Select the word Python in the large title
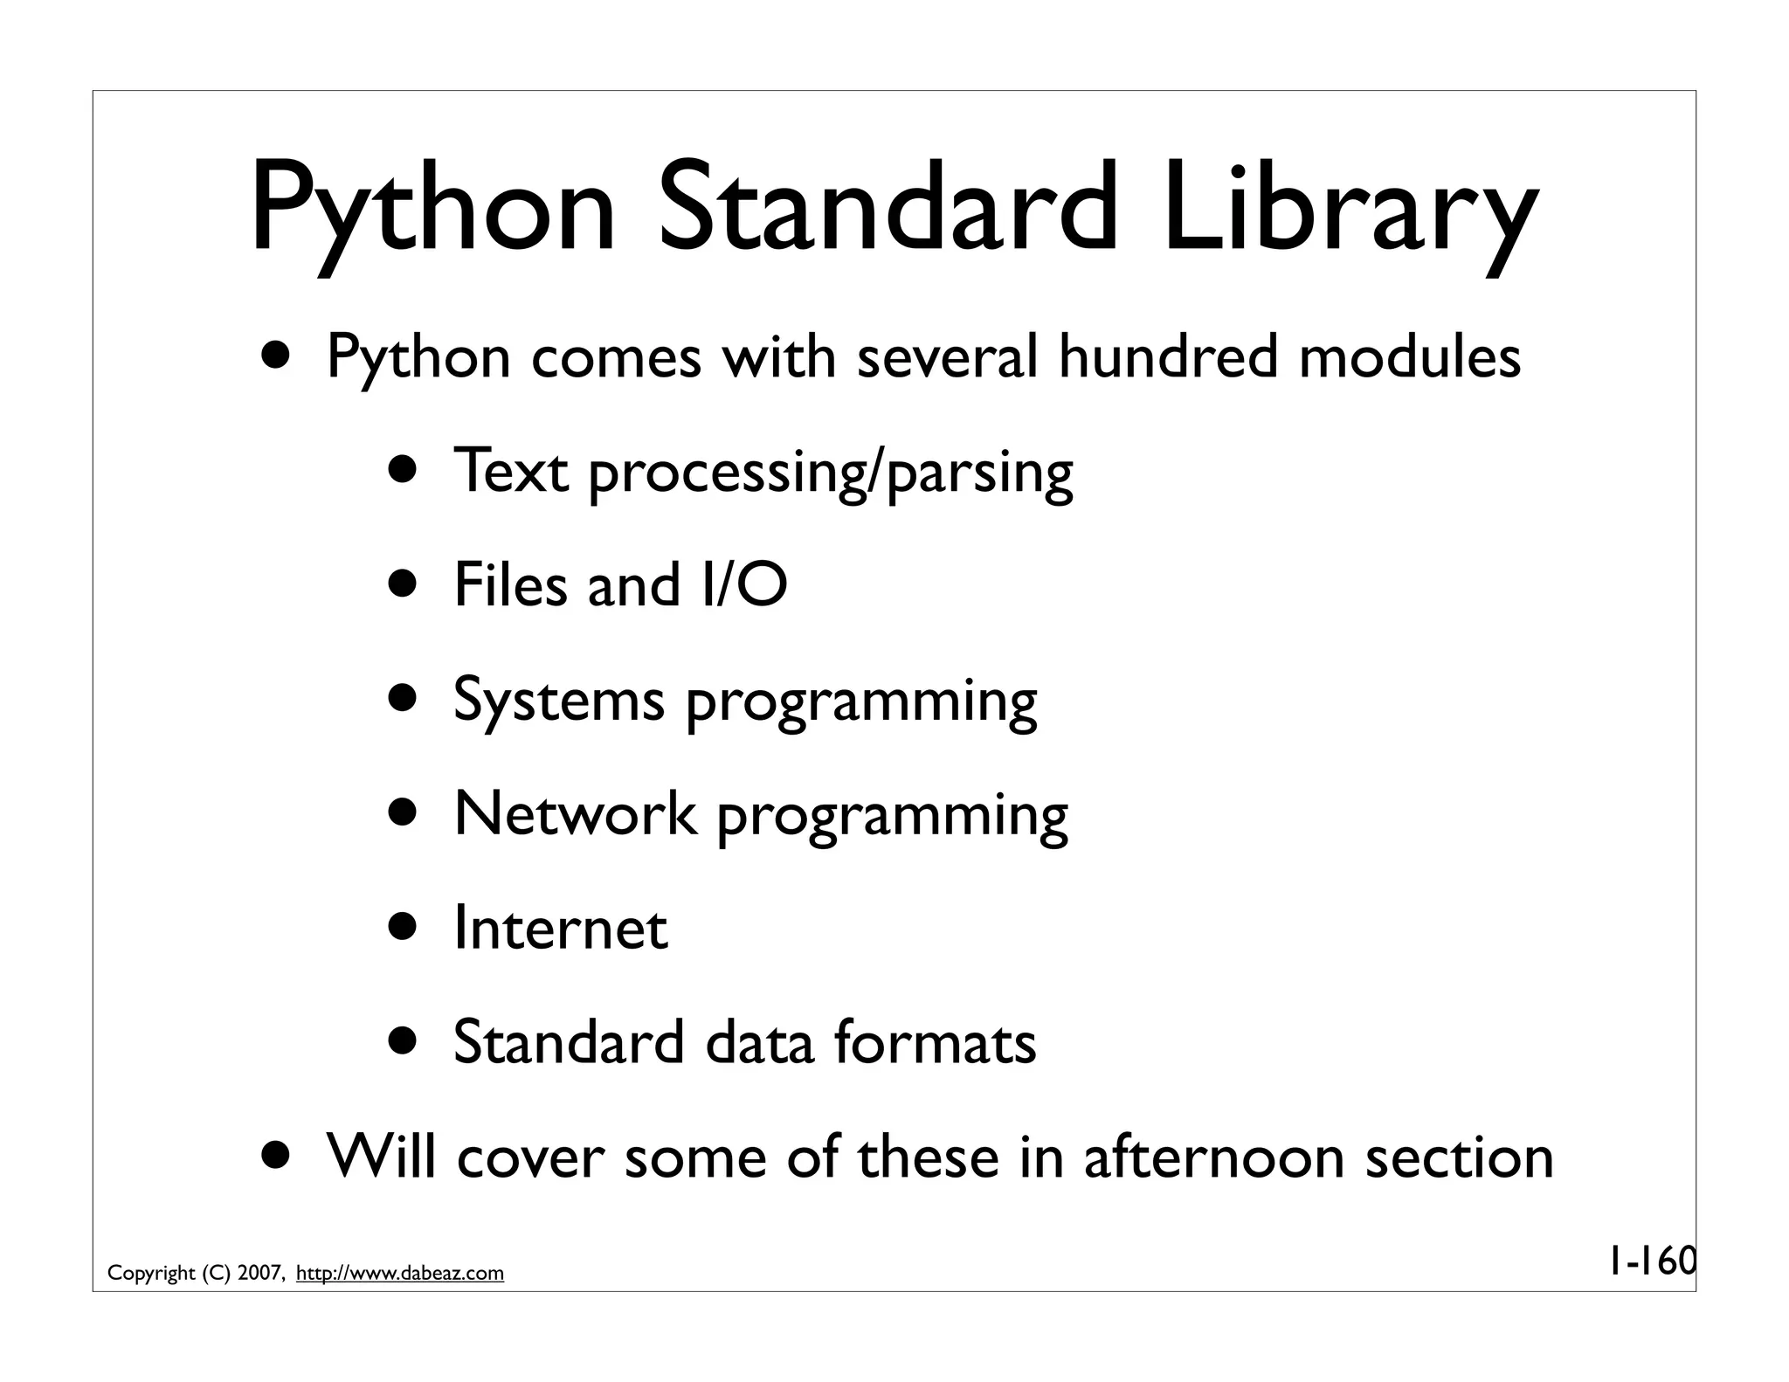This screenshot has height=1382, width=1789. [433, 210]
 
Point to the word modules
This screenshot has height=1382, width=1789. [1409, 357]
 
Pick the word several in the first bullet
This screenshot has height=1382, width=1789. [947, 357]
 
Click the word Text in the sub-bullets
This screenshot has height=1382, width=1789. [511, 471]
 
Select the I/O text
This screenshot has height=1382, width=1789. [743, 584]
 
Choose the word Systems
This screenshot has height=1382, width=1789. [558, 701]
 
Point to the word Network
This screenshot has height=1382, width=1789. [575, 813]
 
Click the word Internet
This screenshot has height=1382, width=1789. [561, 928]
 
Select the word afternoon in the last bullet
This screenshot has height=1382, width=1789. [1213, 1157]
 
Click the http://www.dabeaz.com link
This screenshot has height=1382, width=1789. [400, 1274]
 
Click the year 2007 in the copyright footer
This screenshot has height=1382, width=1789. [259, 1274]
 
